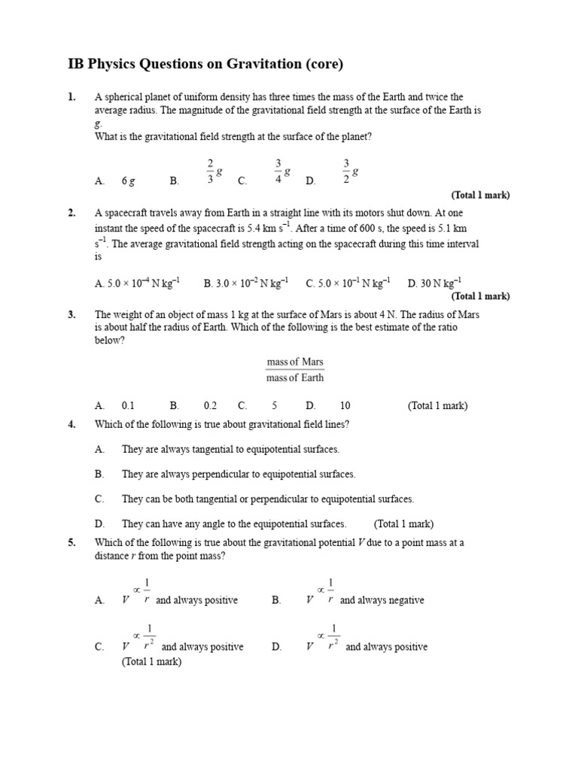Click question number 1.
coord(71,97)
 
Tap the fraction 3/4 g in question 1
coord(281,171)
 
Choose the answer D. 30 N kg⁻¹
coord(434,283)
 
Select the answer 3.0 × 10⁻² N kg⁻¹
coord(246,283)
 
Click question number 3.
coord(71,314)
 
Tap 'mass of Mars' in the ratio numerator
coord(295,362)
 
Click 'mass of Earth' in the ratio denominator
coord(295,377)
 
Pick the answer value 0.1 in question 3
coord(128,406)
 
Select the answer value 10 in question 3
coord(345,406)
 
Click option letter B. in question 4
coord(99,474)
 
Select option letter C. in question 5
coord(99,647)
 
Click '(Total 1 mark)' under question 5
coord(151,662)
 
